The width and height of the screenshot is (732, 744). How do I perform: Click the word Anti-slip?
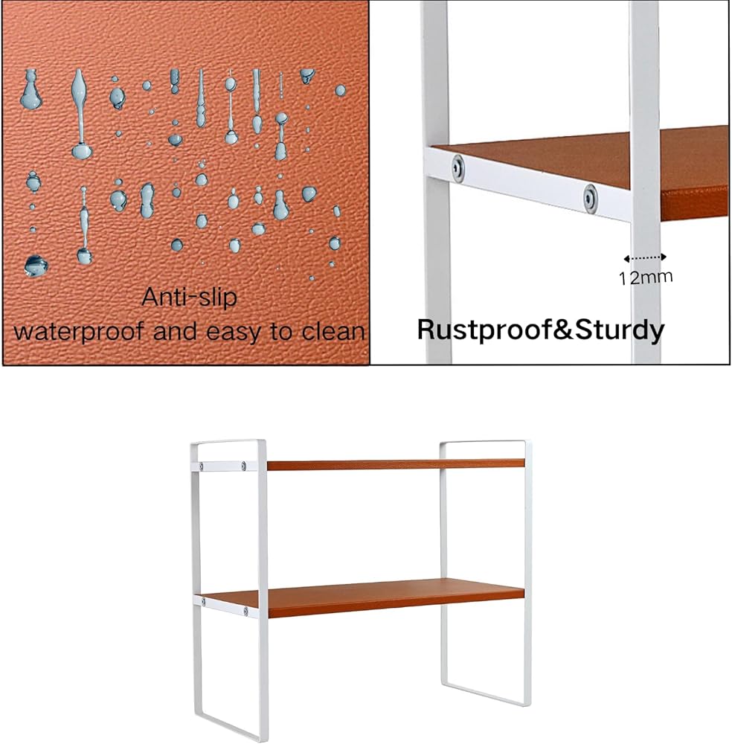coord(189,298)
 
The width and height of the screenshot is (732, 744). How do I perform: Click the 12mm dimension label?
coord(645,278)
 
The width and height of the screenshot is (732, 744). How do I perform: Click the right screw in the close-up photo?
coord(589,198)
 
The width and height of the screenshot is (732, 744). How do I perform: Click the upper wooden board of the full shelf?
coord(394,464)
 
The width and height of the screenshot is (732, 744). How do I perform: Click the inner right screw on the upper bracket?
coord(244,466)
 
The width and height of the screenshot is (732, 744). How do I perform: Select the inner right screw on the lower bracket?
coord(244,612)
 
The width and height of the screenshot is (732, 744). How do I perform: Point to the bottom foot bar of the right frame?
coord(487,686)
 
